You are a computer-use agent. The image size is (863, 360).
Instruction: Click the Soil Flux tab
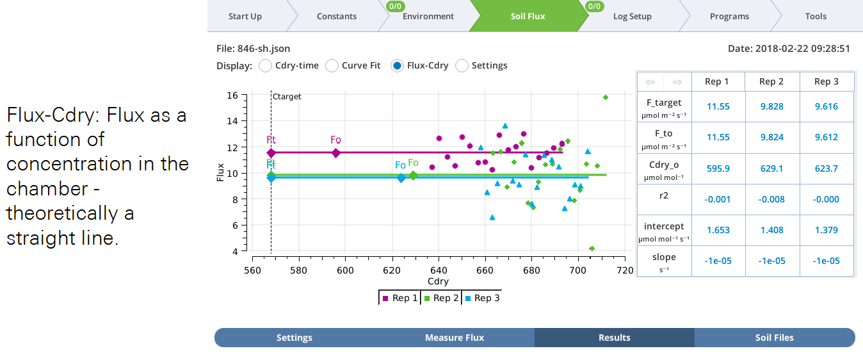pyautogui.click(x=528, y=16)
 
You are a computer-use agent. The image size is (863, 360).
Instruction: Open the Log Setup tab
pyautogui.click(x=632, y=16)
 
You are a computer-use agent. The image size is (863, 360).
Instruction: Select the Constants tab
pyautogui.click(x=337, y=16)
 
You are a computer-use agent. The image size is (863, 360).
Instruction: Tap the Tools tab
pyautogui.click(x=816, y=16)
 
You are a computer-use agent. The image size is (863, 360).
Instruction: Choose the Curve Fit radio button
pyautogui.click(x=332, y=65)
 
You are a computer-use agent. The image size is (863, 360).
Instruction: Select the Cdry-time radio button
pyautogui.click(x=265, y=65)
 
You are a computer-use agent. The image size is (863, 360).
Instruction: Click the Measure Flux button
pyautogui.click(x=455, y=338)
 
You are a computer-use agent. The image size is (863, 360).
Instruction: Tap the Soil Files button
pyautogui.click(x=774, y=338)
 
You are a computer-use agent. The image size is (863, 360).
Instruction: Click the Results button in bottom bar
pyautogui.click(x=614, y=338)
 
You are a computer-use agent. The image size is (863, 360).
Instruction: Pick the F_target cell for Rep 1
pyautogui.click(x=718, y=107)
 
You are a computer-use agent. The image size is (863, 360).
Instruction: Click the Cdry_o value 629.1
pyautogui.click(x=771, y=168)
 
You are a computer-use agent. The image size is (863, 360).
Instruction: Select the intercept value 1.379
pyautogui.click(x=827, y=230)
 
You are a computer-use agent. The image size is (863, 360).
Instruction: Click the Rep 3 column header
pyautogui.click(x=827, y=81)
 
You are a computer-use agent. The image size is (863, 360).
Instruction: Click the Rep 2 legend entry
pyautogui.click(x=441, y=298)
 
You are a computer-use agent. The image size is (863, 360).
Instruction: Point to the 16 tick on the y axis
pyautogui.click(x=232, y=95)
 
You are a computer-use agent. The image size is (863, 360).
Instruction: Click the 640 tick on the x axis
pyautogui.click(x=439, y=270)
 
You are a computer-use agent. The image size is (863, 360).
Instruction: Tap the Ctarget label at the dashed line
pyautogui.click(x=286, y=97)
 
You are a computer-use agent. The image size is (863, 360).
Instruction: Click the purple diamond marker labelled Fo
pyautogui.click(x=336, y=152)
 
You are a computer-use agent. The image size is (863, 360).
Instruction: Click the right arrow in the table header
pyautogui.click(x=677, y=82)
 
